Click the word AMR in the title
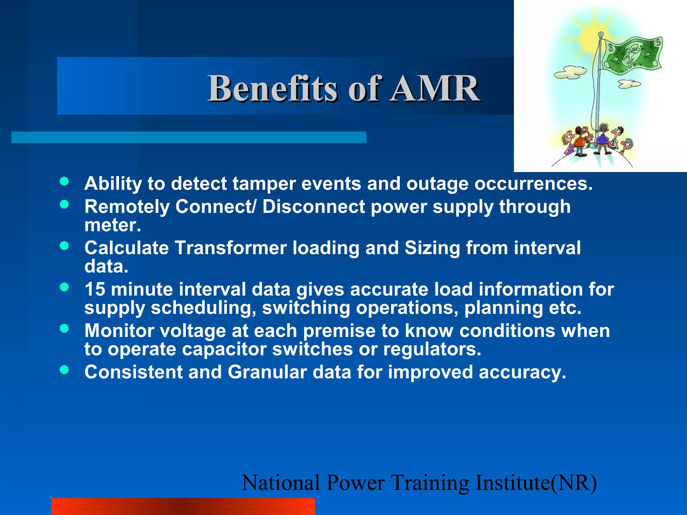pyautogui.click(x=435, y=89)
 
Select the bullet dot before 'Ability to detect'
pyautogui.click(x=64, y=181)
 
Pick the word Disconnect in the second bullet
pyautogui.click(x=313, y=207)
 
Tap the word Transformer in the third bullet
pyautogui.click(x=230, y=248)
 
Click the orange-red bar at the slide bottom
pyautogui.click(x=183, y=506)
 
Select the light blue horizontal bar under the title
pyautogui.click(x=189, y=137)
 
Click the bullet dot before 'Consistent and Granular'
pyautogui.click(x=64, y=370)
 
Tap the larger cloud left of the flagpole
pyautogui.click(x=570, y=72)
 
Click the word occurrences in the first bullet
pyautogui.click(x=533, y=184)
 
